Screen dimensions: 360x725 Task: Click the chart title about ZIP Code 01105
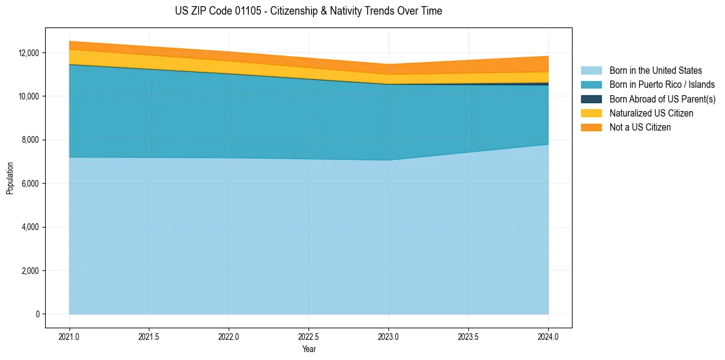point(308,11)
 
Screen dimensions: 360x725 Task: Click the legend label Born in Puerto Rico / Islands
point(662,85)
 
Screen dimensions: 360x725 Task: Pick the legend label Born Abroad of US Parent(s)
point(662,99)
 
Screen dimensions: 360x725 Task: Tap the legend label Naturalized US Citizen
point(651,113)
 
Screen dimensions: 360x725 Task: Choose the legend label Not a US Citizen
point(640,128)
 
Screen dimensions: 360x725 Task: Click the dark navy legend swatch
point(591,99)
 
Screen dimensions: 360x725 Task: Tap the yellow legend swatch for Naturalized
point(591,113)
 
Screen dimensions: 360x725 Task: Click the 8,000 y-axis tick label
point(30,140)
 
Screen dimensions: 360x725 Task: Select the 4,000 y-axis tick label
point(30,227)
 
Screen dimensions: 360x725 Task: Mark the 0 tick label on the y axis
point(38,314)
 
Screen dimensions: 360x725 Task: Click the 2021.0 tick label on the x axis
point(69,336)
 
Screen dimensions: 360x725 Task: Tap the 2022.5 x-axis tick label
point(309,336)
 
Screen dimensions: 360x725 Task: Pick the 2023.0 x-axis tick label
point(388,336)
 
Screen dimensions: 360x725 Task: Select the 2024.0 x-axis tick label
point(548,336)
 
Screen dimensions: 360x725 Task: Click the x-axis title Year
point(309,350)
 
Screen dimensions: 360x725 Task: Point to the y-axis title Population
point(10,178)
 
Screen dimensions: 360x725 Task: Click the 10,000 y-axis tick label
point(28,96)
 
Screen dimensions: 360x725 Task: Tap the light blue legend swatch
point(591,71)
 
